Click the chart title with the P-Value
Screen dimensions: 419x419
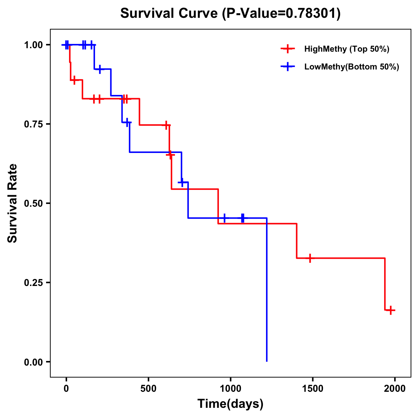230,14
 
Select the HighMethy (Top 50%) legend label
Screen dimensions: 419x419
347,49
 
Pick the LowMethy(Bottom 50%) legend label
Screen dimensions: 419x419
352,67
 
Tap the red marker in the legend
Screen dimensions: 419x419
287,49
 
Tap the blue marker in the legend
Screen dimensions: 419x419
287,67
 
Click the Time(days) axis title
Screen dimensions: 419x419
230,404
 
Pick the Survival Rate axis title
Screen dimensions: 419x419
13,203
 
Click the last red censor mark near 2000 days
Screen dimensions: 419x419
391,310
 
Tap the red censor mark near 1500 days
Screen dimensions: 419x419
310,258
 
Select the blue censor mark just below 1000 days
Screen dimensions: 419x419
224,218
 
